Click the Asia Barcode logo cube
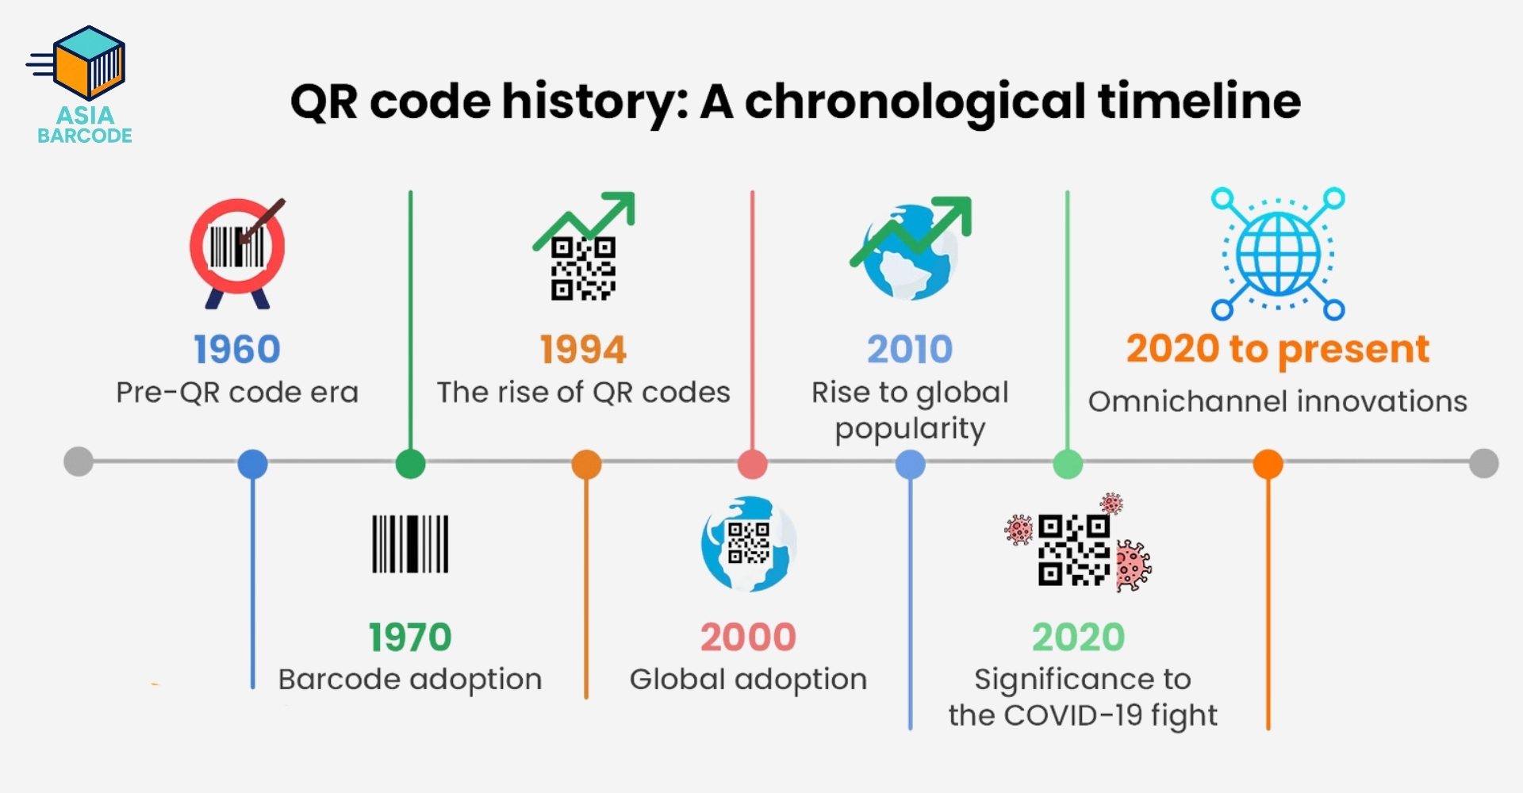pyautogui.click(x=89, y=63)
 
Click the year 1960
pyautogui.click(x=237, y=350)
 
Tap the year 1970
pyautogui.click(x=410, y=638)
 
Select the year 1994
pyautogui.click(x=583, y=350)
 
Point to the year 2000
pyautogui.click(x=748, y=638)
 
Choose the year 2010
pyautogui.click(x=910, y=350)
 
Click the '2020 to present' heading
pyautogui.click(x=1278, y=350)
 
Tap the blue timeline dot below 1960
pyautogui.click(x=252, y=464)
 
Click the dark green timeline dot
pyautogui.click(x=410, y=464)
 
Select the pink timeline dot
pyautogui.click(x=752, y=464)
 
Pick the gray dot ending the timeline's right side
pyautogui.click(x=1483, y=463)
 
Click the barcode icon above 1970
pyautogui.click(x=410, y=544)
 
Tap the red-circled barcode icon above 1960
pyautogui.click(x=237, y=252)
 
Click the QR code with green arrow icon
pyautogui.click(x=584, y=247)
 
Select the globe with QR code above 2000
pyautogui.click(x=748, y=544)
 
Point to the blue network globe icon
pyautogui.click(x=1278, y=254)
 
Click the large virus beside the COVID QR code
pyautogui.click(x=1133, y=565)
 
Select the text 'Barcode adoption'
pyautogui.click(x=410, y=680)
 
